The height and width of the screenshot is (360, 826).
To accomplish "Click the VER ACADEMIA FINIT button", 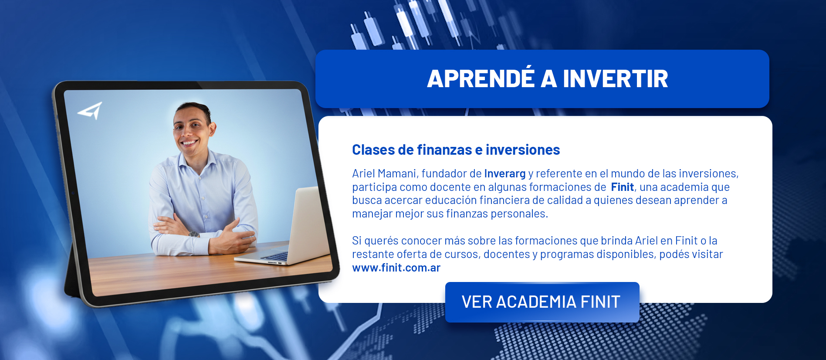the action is pos(542,302).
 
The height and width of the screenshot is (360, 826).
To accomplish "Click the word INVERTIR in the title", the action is pos(615,79).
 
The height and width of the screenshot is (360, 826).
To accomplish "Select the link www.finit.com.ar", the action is pos(396,268).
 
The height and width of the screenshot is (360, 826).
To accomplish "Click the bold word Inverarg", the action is pos(505,173).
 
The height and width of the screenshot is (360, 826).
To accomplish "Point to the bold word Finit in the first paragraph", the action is pos(622,187).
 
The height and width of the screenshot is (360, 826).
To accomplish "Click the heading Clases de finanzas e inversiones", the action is pos(456,150).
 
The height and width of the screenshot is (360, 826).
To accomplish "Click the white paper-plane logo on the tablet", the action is pos(90,111).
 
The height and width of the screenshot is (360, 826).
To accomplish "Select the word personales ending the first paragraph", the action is pos(519,214).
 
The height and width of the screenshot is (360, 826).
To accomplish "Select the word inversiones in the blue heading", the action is pos(523,150).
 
